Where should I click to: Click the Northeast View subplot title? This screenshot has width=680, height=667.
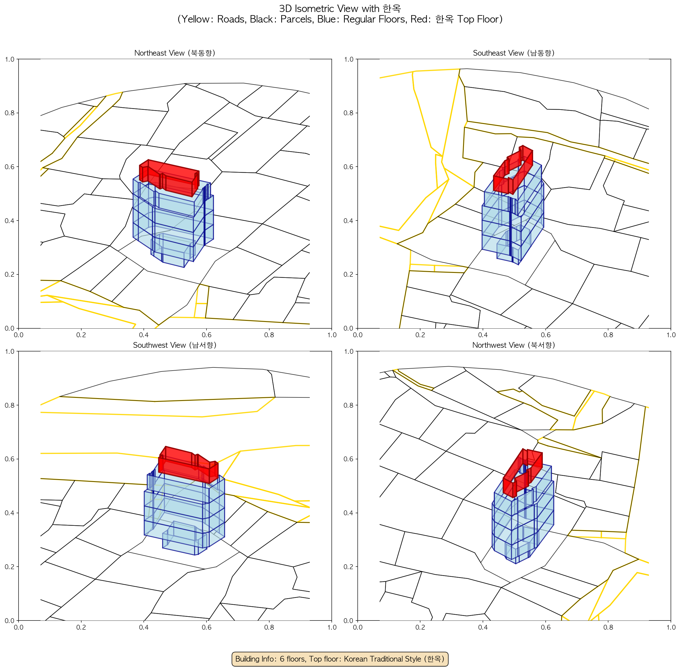[x=175, y=53]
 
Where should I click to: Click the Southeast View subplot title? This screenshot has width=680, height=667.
[x=514, y=53]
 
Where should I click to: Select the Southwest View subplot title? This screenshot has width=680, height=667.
[x=175, y=345]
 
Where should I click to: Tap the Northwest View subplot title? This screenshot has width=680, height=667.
[x=514, y=345]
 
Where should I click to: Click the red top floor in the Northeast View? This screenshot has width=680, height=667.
[x=169, y=178]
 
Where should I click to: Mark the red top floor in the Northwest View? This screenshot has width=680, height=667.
[x=522, y=473]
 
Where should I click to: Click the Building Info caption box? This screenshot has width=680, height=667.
[x=340, y=659]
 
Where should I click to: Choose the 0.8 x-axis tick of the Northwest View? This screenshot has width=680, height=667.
[x=608, y=627]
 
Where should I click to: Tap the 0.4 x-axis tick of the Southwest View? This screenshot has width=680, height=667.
[x=144, y=627]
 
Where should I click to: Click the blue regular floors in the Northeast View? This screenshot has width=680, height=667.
[x=173, y=221]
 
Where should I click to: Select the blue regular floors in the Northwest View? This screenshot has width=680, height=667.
[x=523, y=518]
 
